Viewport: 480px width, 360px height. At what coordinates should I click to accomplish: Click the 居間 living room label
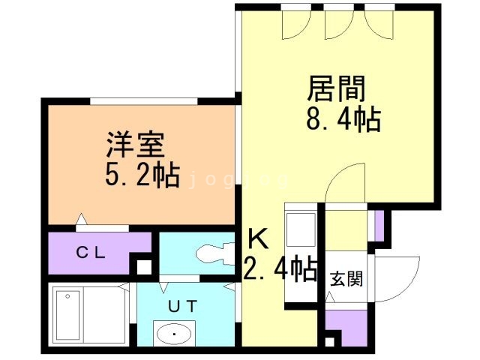(335, 88)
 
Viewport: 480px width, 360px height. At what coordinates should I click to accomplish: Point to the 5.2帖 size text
(141, 175)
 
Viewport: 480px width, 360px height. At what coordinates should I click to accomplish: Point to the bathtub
(88, 313)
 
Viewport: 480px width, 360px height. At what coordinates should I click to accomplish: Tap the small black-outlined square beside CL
(142, 265)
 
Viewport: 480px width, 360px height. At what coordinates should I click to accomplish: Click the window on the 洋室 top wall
(143, 101)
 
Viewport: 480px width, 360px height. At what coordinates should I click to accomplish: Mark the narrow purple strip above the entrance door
(379, 225)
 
